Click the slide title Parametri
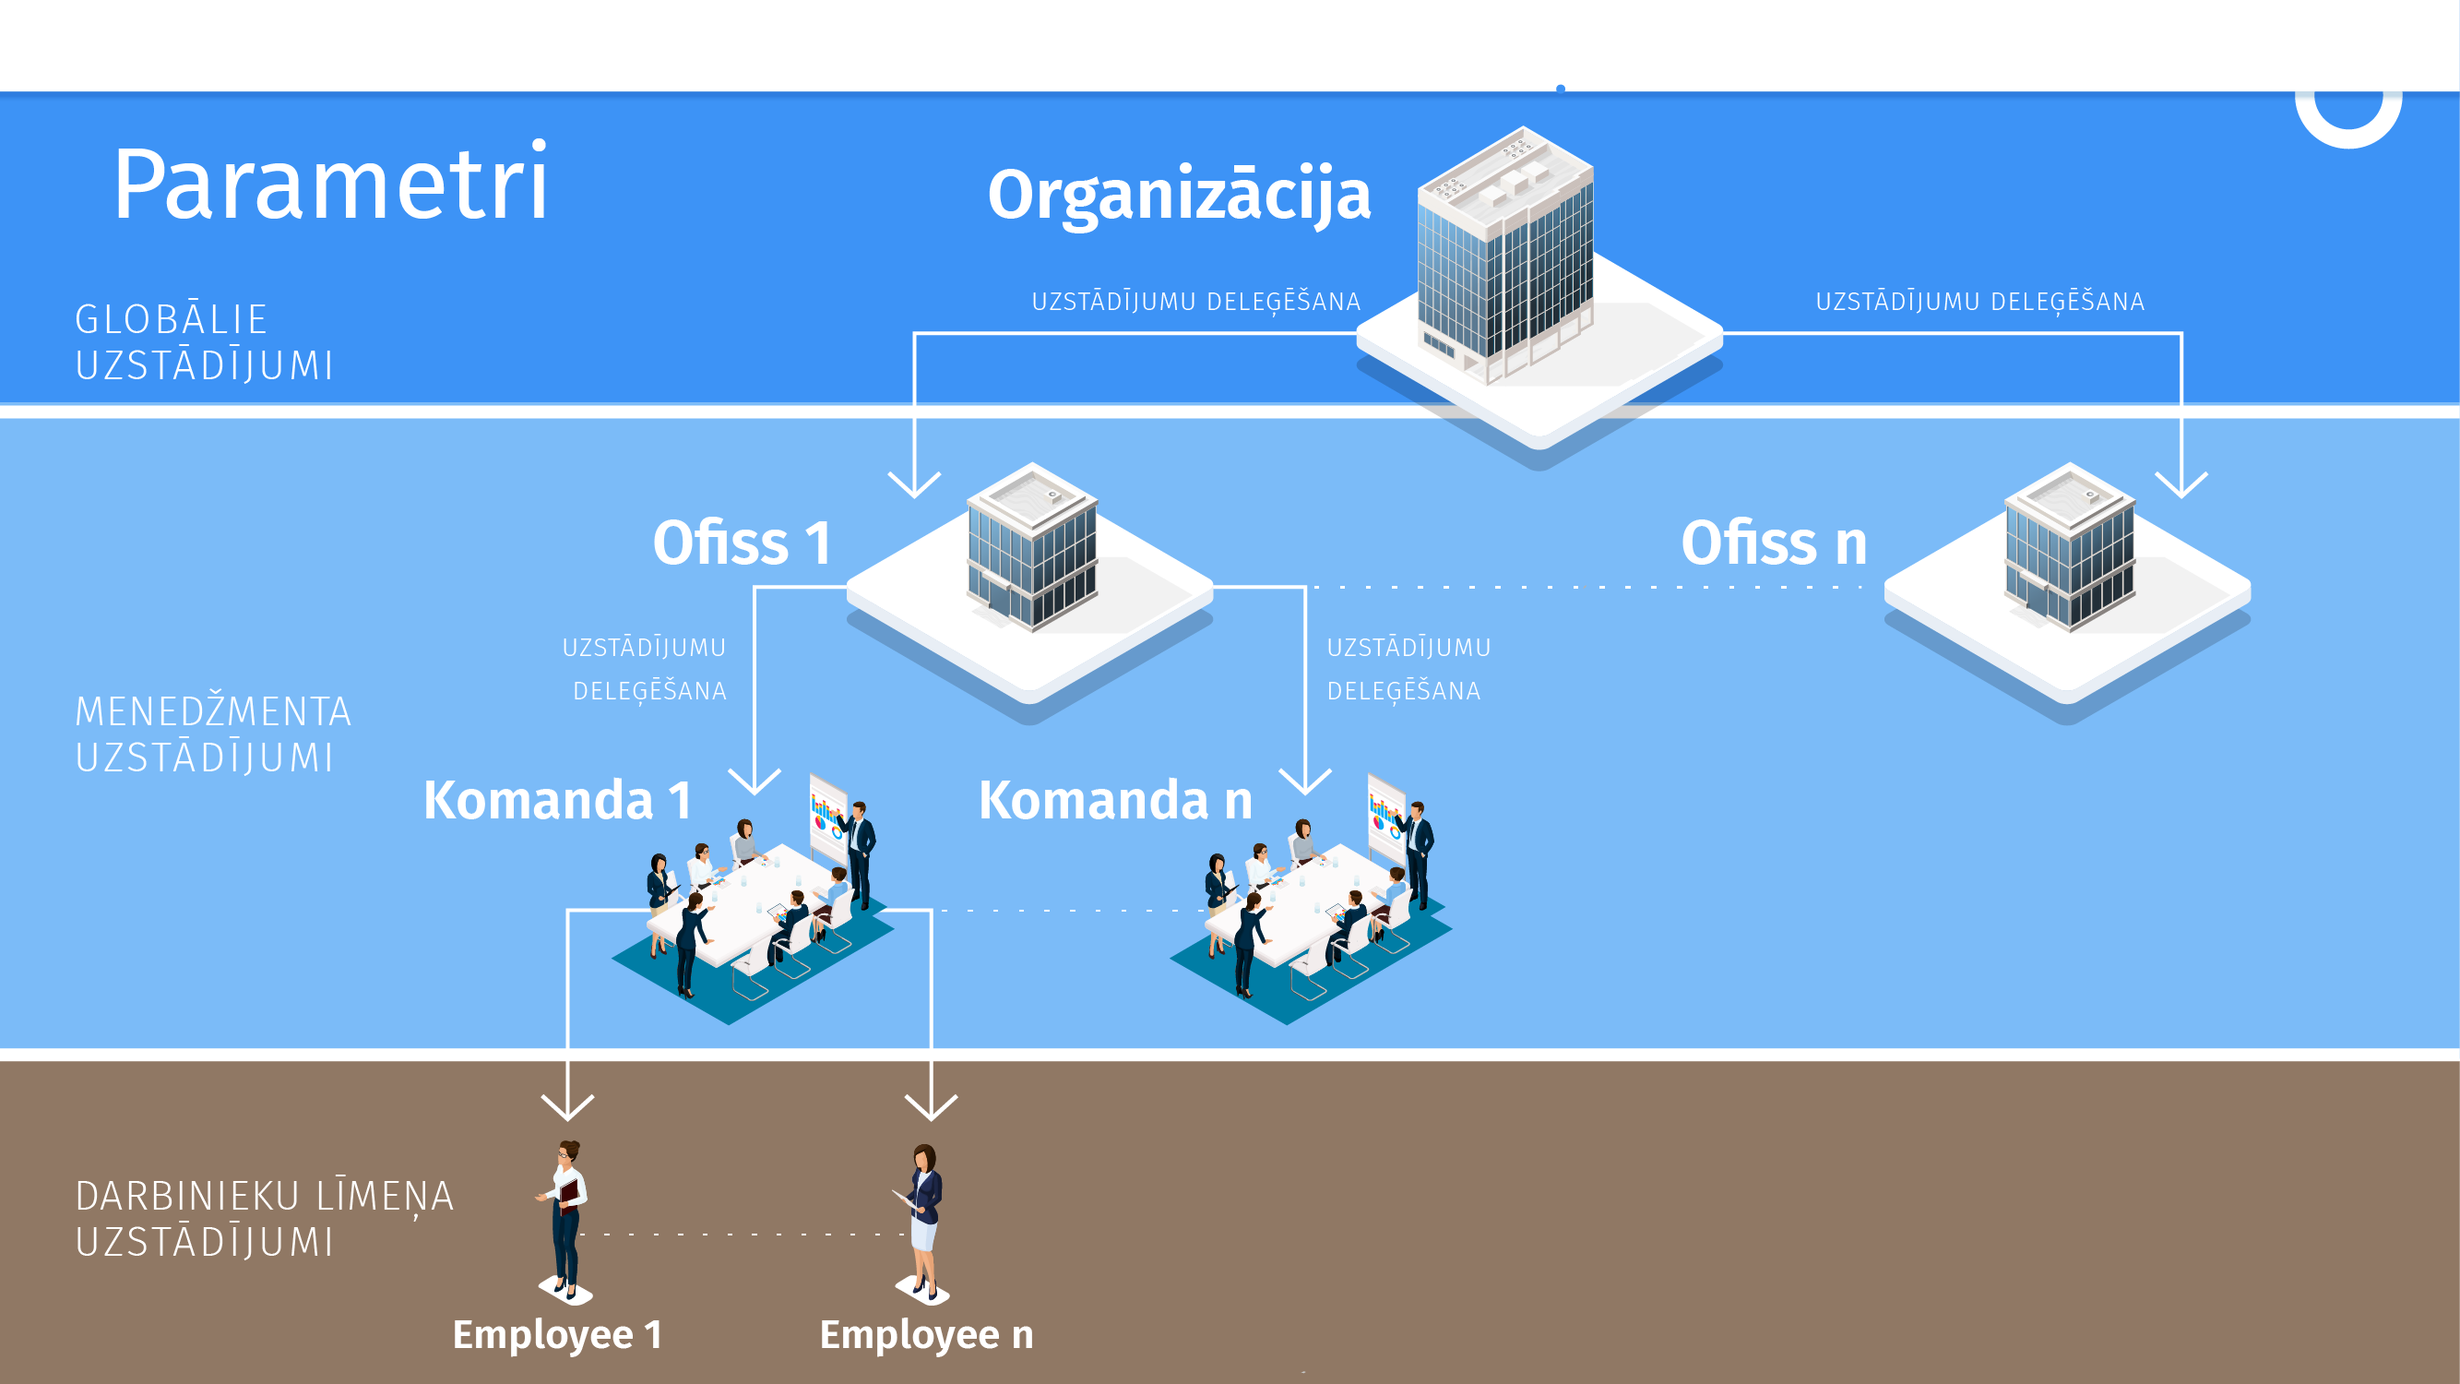point(330,185)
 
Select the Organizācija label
point(1179,195)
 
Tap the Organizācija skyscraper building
point(1506,253)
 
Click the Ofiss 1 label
point(742,543)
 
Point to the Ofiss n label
point(1774,543)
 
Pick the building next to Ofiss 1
point(1031,549)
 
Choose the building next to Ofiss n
point(2070,549)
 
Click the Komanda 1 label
point(558,800)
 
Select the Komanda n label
point(1115,800)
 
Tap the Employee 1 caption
point(558,1334)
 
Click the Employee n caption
point(926,1334)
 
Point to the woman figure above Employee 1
point(566,1218)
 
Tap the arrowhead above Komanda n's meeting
point(1304,781)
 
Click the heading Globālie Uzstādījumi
point(205,342)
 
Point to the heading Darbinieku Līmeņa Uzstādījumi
point(264,1219)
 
